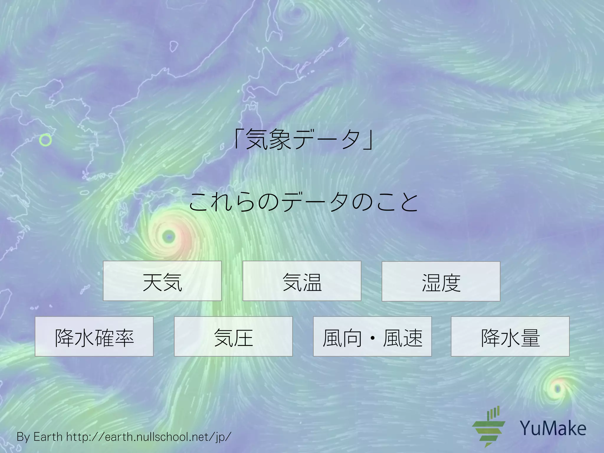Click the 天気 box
162,281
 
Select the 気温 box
302,281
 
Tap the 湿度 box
441,281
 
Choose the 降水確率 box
94,337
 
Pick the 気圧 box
233,337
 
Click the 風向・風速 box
372,337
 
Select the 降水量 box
510,337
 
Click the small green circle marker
45,140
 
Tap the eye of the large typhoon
169,237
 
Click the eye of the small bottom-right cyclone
557,389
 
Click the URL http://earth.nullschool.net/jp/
149,437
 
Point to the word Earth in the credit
48,437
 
